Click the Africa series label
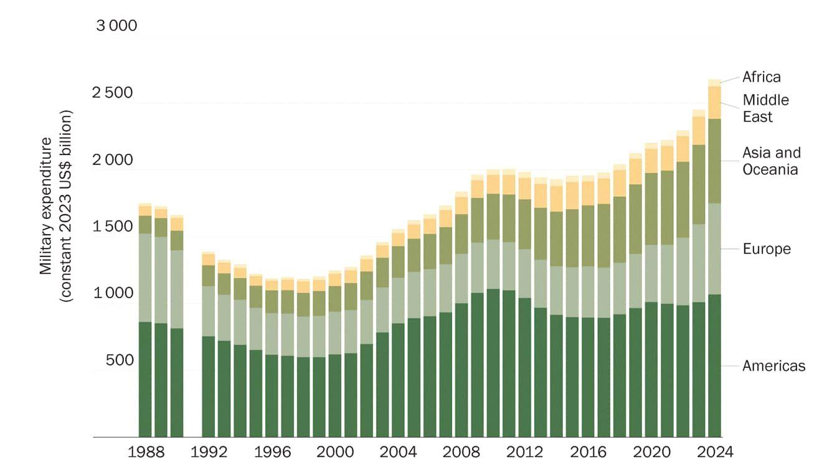click(761, 77)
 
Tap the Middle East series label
click(765, 108)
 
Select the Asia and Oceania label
click(771, 161)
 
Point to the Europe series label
click(766, 249)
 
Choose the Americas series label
click(773, 366)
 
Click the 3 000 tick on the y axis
click(116, 26)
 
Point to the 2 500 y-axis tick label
click(113, 93)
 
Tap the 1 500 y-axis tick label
click(113, 227)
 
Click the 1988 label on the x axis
click(147, 453)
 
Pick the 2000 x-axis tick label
click(336, 453)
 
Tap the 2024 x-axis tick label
click(714, 453)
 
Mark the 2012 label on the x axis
click(526, 453)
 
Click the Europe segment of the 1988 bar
click(145, 278)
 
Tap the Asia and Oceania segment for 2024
click(714, 161)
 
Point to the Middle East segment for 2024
click(714, 102)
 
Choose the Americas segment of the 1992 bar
click(208, 386)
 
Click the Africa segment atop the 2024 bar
click(714, 83)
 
